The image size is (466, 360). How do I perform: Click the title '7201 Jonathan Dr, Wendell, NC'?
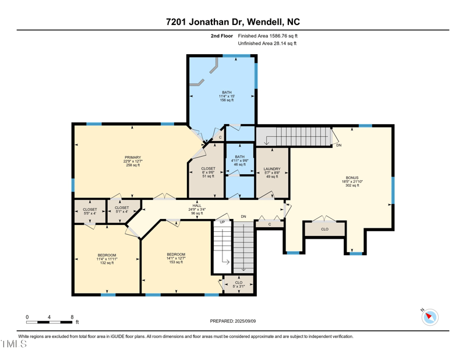tap(233, 22)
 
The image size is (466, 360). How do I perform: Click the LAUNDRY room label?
tap(272, 172)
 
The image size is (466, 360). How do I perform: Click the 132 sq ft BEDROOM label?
tap(107, 259)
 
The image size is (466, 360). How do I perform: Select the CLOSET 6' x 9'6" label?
tap(208, 172)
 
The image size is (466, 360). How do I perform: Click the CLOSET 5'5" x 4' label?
tap(90, 211)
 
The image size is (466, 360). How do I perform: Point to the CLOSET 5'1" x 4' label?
tap(122, 210)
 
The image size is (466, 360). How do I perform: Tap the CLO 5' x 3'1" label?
tap(239, 284)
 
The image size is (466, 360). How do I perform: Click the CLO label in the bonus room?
tap(325, 230)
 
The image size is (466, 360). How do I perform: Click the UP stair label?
tap(222, 222)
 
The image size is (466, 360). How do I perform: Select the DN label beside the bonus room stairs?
tap(338, 145)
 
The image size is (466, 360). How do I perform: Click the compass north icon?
tap(430, 317)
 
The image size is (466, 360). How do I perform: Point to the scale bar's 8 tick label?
tap(72, 317)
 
